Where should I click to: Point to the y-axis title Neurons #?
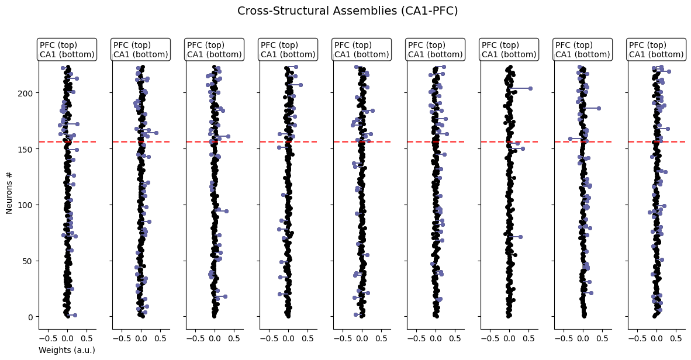coord(9,192)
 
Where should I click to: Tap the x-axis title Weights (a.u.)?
coord(67,350)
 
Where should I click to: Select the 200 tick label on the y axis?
coord(27,93)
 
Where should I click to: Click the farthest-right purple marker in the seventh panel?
coord(530,88)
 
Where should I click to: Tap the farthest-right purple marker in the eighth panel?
coord(599,108)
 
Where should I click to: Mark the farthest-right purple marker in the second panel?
coord(156,133)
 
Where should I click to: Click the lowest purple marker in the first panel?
coord(75,315)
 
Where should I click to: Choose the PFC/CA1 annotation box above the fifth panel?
coord(362,50)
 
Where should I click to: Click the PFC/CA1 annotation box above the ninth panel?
coord(657,50)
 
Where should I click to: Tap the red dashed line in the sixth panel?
coord(436,141)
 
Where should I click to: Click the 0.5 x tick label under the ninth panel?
coord(676,338)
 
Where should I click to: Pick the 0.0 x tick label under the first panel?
coord(67,338)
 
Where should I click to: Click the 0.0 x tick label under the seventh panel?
coord(509,338)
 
